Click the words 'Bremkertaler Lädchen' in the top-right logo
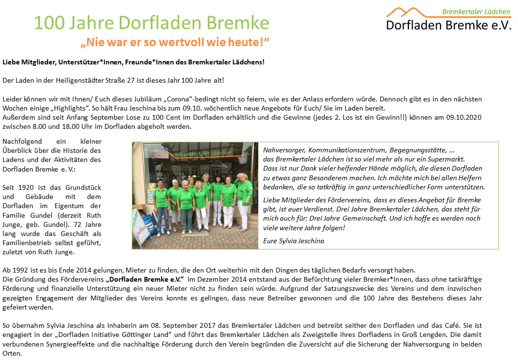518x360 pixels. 476,12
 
